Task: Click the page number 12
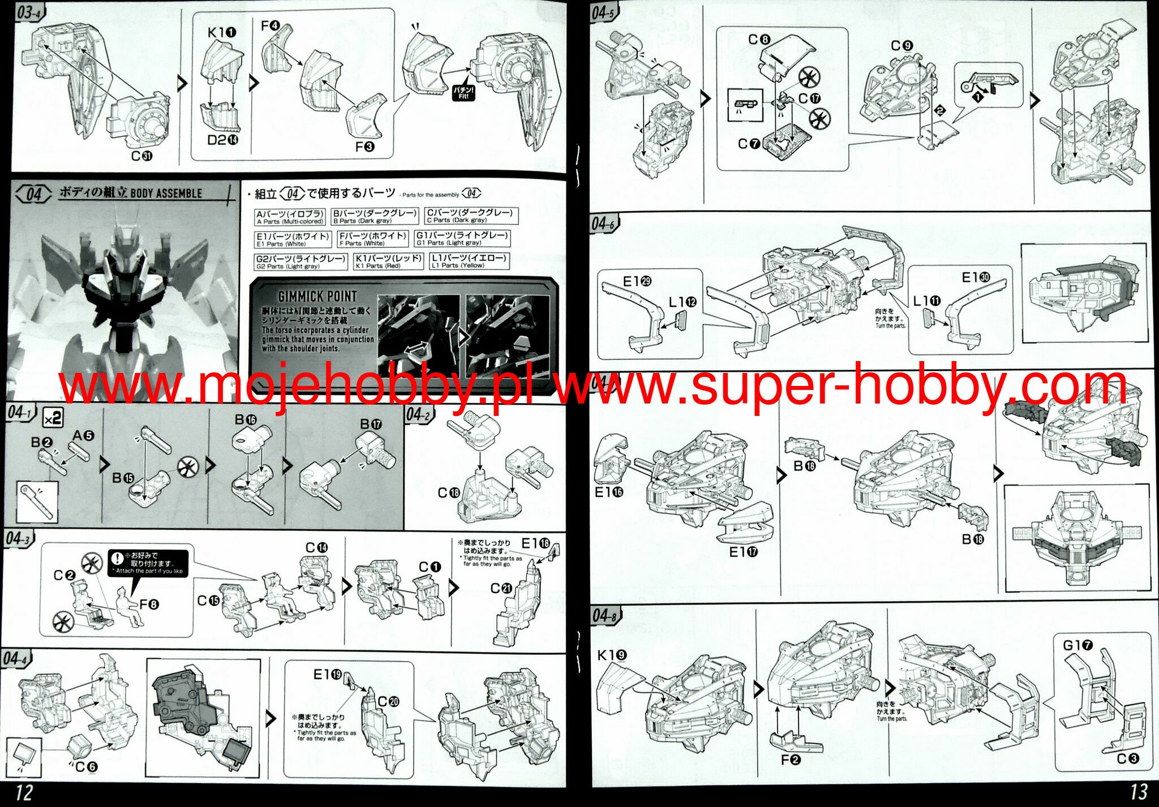point(23,792)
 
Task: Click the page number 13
point(1138,791)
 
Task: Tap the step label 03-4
point(29,12)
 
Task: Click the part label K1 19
point(612,655)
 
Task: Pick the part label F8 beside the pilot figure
point(149,604)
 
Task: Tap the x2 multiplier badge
point(53,419)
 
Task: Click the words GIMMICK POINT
point(317,296)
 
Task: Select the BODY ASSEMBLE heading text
point(166,194)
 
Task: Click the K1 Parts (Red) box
point(388,261)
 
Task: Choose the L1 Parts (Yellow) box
point(469,261)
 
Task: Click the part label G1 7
point(1078,645)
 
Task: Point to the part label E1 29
point(637,282)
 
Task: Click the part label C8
point(759,40)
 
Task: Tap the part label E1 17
point(743,552)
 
